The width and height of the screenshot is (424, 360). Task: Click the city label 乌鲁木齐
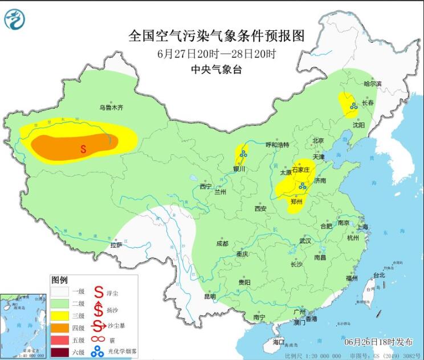point(111,107)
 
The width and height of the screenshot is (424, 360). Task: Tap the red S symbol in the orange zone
point(83,149)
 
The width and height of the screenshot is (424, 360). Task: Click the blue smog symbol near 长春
point(353,105)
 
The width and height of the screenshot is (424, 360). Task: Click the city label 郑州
point(296,201)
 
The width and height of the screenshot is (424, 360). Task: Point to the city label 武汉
point(305,241)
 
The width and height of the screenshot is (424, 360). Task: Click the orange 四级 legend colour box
point(62,328)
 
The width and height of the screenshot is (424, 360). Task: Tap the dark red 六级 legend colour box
point(62,353)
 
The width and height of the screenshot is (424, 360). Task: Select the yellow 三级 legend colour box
point(62,315)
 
